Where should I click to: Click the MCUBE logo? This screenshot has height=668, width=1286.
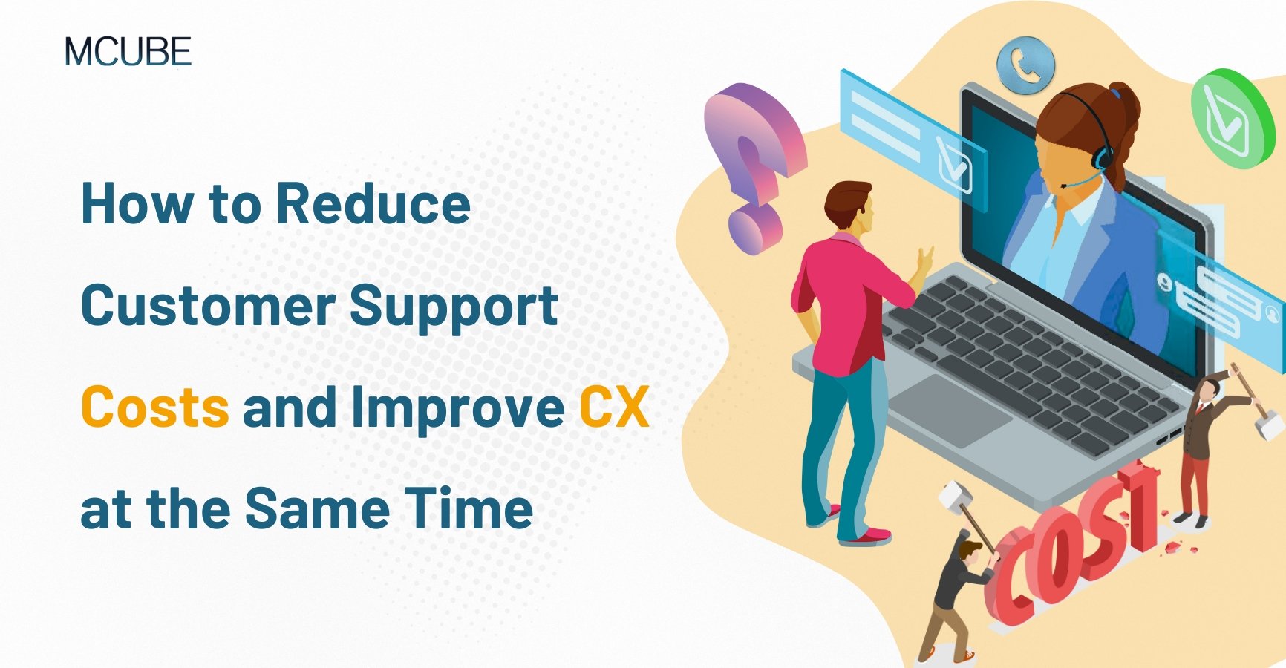[128, 52]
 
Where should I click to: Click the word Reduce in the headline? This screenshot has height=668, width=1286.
[373, 204]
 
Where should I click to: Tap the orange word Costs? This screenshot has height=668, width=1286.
[155, 407]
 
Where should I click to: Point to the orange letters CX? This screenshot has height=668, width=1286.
[614, 407]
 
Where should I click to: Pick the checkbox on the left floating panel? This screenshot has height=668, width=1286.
[953, 165]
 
